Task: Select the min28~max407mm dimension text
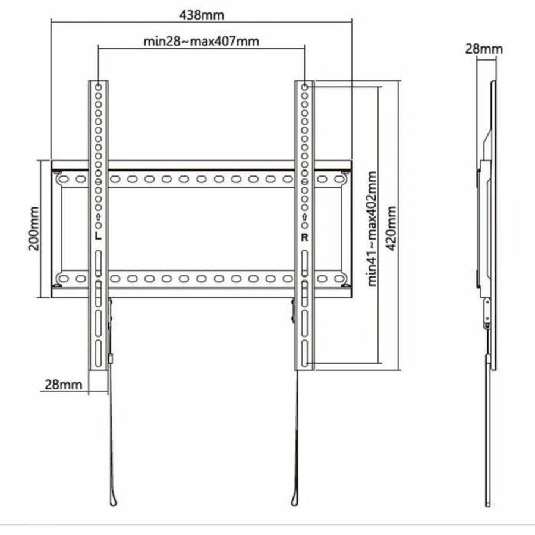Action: pyautogui.click(x=202, y=42)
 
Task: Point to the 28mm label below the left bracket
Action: pyautogui.click(x=64, y=384)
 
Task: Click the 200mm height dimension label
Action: pyautogui.click(x=33, y=229)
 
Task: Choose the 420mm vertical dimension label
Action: pyautogui.click(x=391, y=228)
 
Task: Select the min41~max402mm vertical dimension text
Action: pyautogui.click(x=372, y=229)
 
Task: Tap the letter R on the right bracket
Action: pyautogui.click(x=304, y=237)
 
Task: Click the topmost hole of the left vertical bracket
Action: pyautogui.click(x=98, y=86)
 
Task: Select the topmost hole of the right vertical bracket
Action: pyautogui.click(x=304, y=87)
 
